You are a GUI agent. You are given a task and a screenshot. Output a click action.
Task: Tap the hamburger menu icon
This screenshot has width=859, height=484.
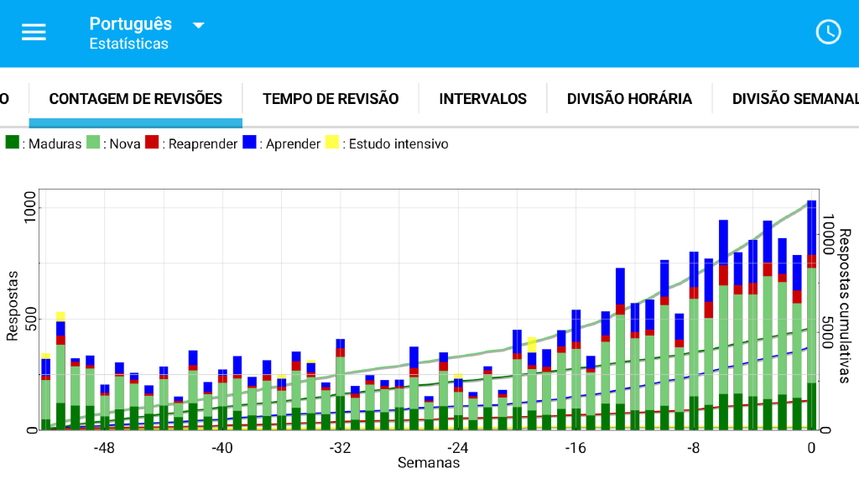point(34,32)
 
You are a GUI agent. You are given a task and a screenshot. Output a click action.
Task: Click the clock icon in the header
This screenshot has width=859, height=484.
point(828,32)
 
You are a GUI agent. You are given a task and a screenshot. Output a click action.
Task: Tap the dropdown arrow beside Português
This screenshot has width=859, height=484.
point(199,25)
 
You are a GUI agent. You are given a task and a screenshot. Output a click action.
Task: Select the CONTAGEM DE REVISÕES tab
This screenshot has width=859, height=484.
point(136,99)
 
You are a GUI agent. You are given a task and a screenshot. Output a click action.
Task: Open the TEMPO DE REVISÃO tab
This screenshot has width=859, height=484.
point(331,99)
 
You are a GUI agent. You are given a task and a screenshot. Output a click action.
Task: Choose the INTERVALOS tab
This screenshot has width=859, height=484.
point(482,99)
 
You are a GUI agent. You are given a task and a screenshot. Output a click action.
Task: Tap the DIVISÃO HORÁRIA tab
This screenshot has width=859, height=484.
point(629,99)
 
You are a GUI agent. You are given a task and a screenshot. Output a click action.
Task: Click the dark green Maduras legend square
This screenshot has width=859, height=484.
point(13,143)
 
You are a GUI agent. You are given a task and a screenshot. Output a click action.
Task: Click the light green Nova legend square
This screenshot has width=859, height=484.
point(94,143)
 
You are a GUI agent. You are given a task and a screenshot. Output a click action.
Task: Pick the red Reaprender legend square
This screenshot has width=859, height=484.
point(152,143)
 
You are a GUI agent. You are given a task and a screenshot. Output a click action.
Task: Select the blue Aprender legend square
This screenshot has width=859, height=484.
point(250,143)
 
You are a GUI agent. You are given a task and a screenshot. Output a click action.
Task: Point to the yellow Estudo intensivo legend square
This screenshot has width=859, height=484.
point(332,143)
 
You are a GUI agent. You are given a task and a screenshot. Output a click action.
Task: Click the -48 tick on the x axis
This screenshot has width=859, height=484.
point(104,448)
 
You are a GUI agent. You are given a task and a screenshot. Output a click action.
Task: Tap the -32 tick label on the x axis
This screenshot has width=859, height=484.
point(340,448)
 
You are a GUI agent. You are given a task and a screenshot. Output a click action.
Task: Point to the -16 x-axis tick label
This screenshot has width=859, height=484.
point(575,448)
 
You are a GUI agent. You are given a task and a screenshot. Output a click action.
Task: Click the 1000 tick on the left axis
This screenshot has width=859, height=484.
point(31,206)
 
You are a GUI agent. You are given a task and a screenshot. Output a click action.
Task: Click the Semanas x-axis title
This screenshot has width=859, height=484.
point(428,463)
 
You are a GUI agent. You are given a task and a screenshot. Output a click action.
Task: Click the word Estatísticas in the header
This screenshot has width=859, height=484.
point(128,44)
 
